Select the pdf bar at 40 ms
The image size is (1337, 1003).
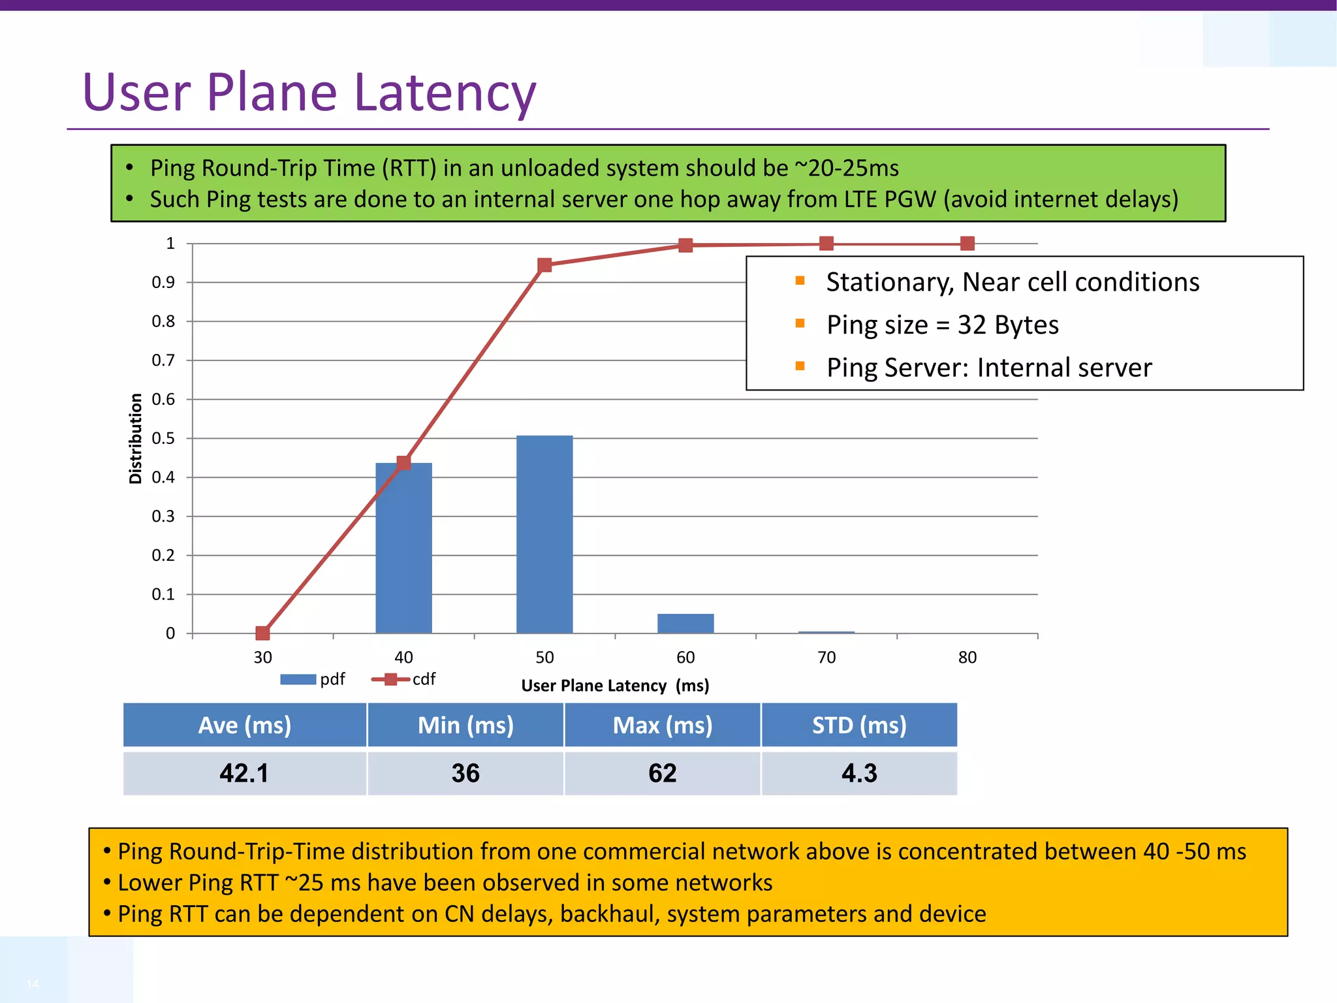403,549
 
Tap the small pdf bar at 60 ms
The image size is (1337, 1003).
685,624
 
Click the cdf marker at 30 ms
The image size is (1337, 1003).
262,633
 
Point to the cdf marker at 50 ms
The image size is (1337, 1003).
544,264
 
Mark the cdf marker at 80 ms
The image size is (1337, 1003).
967,244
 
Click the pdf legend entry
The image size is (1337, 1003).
313,679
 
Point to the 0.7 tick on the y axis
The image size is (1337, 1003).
163,360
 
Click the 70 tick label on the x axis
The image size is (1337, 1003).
826,657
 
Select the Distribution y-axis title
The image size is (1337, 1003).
135,438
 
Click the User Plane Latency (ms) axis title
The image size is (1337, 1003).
615,686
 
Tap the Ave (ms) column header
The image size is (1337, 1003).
245,725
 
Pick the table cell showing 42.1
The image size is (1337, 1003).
244,773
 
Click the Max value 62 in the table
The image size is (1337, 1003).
662,773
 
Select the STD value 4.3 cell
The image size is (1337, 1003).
859,773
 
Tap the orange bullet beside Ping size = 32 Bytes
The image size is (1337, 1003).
800,323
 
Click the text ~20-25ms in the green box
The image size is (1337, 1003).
847,168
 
